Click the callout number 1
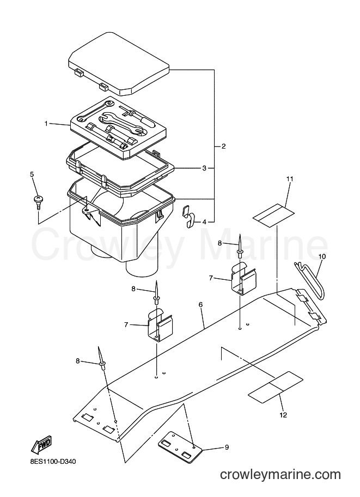[46, 124]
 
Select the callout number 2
[224, 146]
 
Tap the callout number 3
[204, 168]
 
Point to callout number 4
[204, 222]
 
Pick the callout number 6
[200, 305]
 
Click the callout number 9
[227, 447]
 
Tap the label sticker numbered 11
[274, 215]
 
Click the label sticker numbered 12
[276, 388]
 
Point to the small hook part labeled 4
[188, 217]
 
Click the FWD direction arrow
[41, 444]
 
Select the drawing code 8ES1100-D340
[51, 462]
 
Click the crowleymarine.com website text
[280, 475]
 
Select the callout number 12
[283, 415]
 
